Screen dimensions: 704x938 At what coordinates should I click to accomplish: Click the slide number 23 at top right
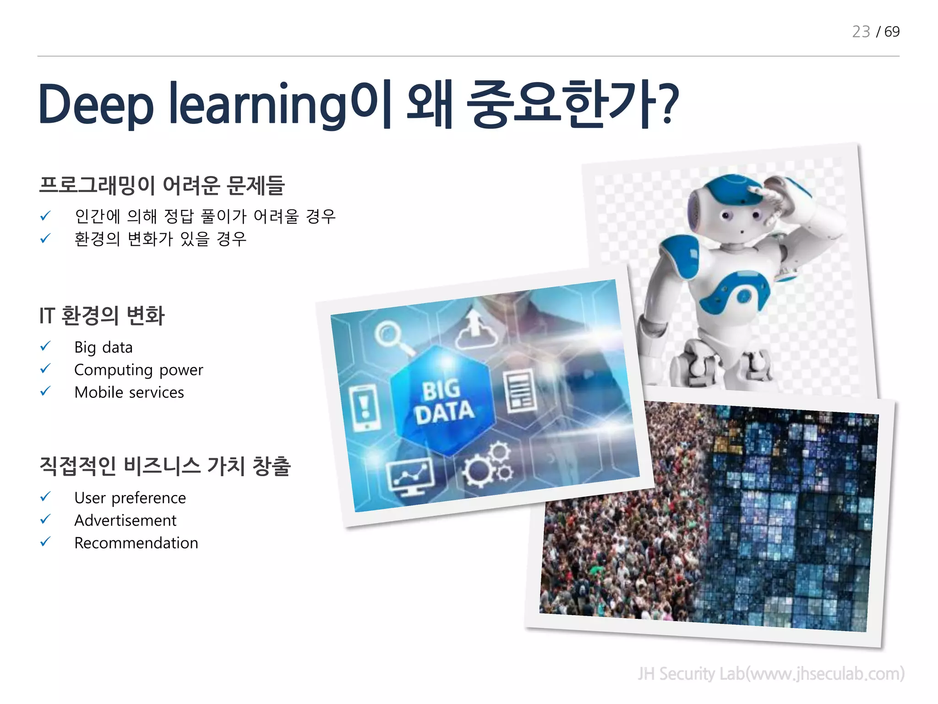pos(861,32)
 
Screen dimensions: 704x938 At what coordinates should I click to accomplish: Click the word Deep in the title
pos(96,105)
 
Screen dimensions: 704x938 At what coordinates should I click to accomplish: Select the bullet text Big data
pos(104,347)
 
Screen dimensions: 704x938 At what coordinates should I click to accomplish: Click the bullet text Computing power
pos(138,370)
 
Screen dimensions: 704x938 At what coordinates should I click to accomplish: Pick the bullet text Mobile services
pos(129,392)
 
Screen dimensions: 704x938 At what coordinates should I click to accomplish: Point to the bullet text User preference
pos(130,498)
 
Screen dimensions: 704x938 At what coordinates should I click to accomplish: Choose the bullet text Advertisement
pos(125,520)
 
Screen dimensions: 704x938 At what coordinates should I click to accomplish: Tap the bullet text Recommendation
pos(136,543)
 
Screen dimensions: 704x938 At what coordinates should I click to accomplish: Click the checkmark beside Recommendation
pos(45,542)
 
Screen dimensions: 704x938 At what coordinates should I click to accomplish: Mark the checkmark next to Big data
pos(45,346)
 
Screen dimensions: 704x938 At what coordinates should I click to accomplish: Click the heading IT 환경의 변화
pos(102,316)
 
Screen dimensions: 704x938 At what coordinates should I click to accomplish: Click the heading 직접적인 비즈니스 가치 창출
pos(165,466)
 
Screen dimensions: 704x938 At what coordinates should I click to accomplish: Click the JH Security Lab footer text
pos(771,674)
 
